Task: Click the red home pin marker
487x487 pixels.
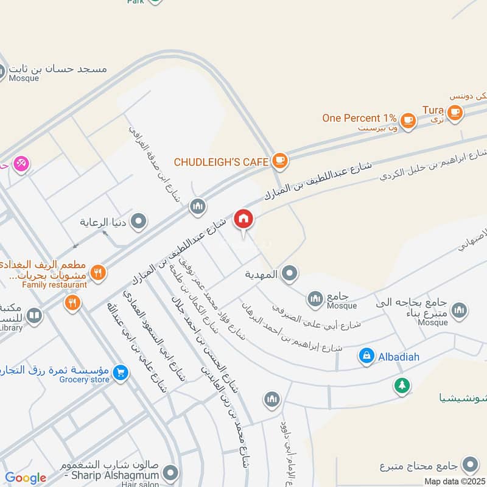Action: coord(243,219)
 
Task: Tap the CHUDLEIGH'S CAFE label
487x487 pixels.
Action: coord(221,162)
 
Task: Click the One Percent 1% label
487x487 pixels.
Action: coord(359,118)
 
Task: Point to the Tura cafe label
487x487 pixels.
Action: coord(433,110)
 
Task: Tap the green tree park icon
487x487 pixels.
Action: coord(401,385)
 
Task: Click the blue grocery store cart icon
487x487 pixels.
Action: coord(121,371)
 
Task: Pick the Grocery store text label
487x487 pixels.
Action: coord(84,380)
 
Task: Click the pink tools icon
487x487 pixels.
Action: coord(21,164)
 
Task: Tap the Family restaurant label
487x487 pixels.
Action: coord(55,284)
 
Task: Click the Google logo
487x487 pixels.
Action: coord(26,478)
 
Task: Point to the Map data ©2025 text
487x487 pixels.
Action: coord(455,482)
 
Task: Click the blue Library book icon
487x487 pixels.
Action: coord(35,315)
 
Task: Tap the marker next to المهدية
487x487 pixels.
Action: coord(290,274)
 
